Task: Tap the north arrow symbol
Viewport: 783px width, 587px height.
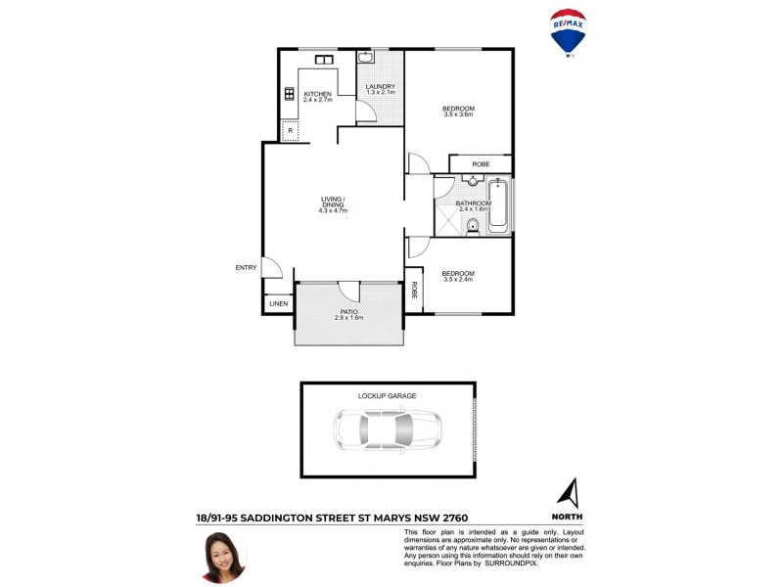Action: [x=568, y=492]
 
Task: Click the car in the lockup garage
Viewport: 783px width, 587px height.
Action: [x=388, y=428]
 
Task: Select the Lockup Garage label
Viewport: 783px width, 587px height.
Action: [x=388, y=396]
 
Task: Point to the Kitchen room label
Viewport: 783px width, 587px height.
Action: [x=317, y=94]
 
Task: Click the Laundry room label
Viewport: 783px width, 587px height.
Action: [x=380, y=87]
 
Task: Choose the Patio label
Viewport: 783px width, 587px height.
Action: [x=348, y=311]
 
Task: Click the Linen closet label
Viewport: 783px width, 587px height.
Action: [x=278, y=305]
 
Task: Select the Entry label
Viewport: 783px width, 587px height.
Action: [x=245, y=267]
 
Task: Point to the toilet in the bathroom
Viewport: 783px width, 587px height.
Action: [x=474, y=229]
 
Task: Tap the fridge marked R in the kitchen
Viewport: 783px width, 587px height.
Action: [x=291, y=130]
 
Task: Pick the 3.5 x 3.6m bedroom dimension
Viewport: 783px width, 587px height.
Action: [x=458, y=114]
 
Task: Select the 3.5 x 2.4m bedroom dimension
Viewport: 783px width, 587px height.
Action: [x=458, y=279]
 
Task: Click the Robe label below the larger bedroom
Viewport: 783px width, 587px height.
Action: [x=481, y=163]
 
